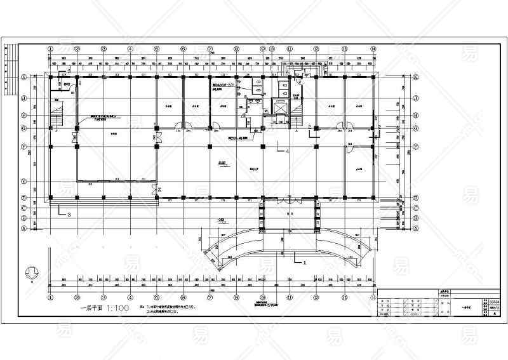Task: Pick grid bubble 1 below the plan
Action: (x=50, y=296)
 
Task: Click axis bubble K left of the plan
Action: (x=24, y=77)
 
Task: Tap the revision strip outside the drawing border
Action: (x=7, y=70)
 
